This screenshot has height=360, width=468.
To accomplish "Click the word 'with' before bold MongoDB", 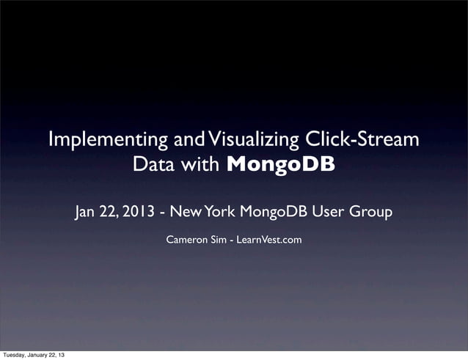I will (201, 164).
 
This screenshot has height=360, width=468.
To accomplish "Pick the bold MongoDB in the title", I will (281, 164).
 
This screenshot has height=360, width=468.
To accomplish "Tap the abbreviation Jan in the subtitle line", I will (86, 213).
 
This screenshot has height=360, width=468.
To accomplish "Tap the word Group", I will (370, 213).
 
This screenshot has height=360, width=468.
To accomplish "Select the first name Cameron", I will (186, 240).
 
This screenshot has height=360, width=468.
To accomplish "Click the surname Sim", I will (218, 240).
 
